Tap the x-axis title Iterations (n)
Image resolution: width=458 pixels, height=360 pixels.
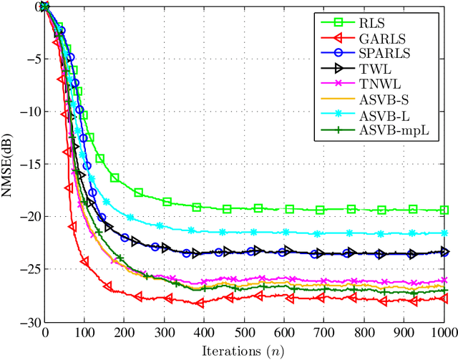[x=245, y=351]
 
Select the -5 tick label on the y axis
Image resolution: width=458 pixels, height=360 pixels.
[x=33, y=59]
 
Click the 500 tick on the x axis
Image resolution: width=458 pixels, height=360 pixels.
[x=244, y=334]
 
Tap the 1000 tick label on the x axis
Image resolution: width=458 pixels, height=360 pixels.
[x=444, y=334]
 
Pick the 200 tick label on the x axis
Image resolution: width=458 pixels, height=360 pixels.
[x=125, y=334]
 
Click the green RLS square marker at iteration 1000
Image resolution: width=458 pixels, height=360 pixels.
[x=444, y=210]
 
